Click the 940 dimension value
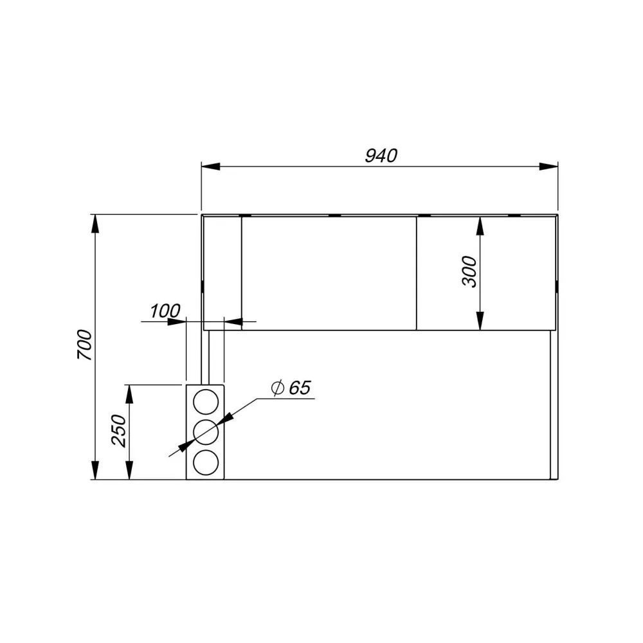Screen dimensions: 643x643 pos(381,156)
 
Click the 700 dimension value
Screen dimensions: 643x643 pos(85,345)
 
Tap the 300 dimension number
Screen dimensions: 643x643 pos(470,271)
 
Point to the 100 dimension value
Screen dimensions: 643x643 pos(165,311)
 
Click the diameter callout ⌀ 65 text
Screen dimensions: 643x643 pos(291,388)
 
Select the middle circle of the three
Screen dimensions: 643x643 pos(206,432)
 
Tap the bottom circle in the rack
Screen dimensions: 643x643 pos(206,462)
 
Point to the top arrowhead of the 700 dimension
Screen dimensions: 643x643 pos(95,224)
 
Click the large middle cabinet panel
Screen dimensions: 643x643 pos(329,273)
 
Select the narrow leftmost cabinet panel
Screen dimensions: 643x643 pos(222,273)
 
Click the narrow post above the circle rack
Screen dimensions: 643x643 pos(205,357)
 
